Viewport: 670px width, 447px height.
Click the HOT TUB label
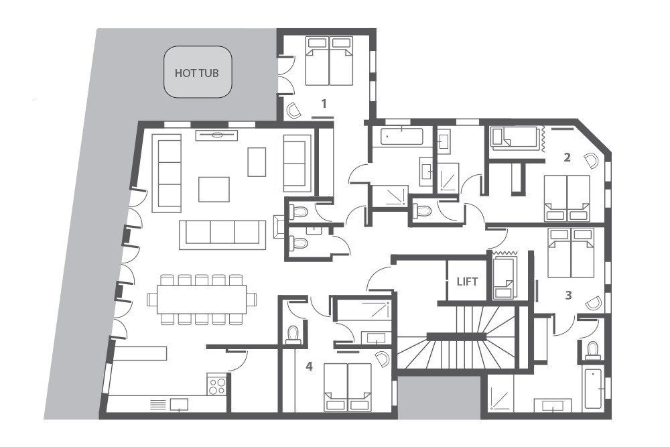pos(196,73)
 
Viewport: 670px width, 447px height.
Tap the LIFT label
pos(467,281)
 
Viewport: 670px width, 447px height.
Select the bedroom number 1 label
pos(324,103)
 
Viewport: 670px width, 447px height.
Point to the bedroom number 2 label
pos(567,157)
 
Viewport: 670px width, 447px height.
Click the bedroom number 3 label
pos(568,295)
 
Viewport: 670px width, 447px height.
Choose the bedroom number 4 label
pos(309,366)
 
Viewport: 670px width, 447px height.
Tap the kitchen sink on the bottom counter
pos(179,404)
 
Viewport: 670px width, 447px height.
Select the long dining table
pos(202,299)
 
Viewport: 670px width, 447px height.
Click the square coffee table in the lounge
pos(214,189)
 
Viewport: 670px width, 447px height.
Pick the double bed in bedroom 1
pos(330,61)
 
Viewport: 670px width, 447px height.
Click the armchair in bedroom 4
pos(382,358)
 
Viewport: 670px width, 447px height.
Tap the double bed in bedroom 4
pos(348,387)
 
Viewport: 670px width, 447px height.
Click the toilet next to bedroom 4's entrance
pos(293,334)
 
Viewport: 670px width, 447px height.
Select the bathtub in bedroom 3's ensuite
pos(593,389)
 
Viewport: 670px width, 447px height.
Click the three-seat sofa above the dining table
pos(222,235)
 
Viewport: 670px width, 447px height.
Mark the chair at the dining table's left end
pos(152,299)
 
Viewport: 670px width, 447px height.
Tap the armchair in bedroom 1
pos(294,111)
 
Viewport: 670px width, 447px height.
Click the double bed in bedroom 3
pos(571,253)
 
